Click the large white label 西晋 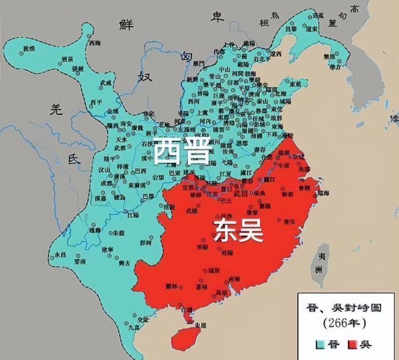point(181,151)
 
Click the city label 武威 point(105,82)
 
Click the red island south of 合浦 point(182,336)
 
